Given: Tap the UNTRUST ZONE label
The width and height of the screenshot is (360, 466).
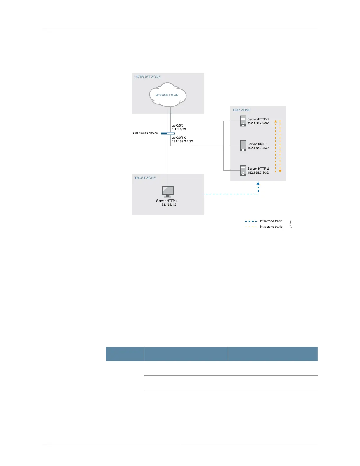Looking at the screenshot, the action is [147, 77].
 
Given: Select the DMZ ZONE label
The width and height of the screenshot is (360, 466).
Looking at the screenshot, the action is [241, 110].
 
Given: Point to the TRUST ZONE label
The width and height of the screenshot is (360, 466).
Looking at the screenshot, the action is [145, 178].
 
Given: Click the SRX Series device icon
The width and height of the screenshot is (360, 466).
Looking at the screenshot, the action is [168, 134].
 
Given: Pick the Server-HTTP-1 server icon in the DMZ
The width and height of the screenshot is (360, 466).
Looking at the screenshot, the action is [243, 121].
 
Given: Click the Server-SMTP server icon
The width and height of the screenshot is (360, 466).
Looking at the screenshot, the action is [243, 146].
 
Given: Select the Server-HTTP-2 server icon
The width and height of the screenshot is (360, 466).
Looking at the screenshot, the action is [243, 170].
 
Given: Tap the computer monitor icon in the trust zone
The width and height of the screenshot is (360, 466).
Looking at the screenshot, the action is [168, 192].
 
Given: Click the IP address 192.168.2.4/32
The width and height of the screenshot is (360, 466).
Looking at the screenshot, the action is [258, 148].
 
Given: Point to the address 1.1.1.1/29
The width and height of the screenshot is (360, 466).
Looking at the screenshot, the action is [179, 129].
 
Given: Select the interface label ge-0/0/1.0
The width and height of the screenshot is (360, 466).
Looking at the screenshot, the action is [179, 137].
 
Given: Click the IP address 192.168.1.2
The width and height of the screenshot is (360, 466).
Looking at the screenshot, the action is [168, 204].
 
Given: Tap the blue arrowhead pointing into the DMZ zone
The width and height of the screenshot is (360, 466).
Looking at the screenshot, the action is [258, 184].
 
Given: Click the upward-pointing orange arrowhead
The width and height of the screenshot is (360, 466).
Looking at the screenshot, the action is [276, 121].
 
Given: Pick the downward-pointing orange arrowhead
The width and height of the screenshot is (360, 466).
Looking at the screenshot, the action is [280, 171].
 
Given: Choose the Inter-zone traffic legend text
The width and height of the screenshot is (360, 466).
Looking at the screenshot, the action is [271, 221].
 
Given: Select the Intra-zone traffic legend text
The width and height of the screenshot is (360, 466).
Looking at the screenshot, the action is [271, 227].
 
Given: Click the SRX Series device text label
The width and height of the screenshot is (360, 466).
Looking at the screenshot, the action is [145, 133].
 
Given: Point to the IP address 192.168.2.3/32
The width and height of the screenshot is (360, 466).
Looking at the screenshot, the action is [258, 173].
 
